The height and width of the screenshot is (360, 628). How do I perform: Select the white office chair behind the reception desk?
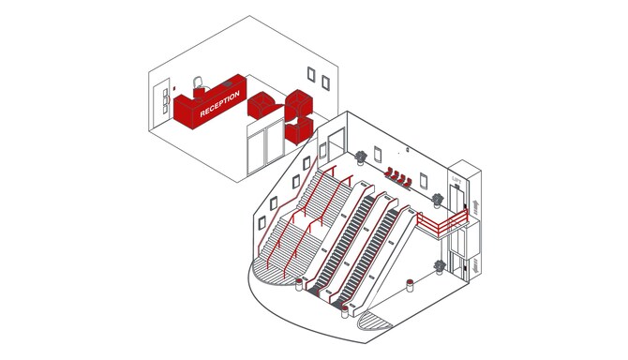198,83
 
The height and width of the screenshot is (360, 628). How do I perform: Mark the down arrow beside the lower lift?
475,265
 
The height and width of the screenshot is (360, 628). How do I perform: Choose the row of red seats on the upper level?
399,176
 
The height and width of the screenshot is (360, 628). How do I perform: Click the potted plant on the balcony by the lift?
438,200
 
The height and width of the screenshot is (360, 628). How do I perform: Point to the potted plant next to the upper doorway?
361,157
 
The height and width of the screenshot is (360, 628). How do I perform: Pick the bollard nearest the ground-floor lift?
409,284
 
